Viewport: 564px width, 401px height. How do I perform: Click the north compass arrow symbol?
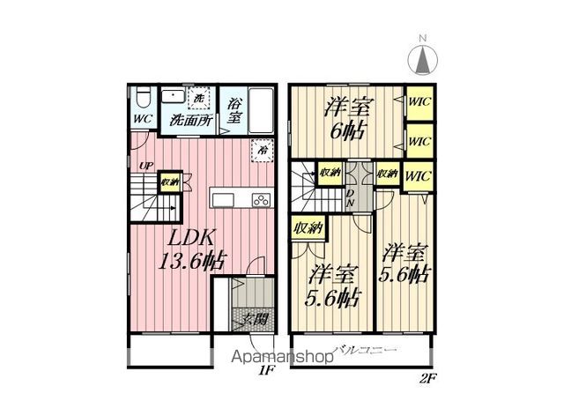tap(422, 59)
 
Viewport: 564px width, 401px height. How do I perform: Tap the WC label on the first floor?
tap(141, 119)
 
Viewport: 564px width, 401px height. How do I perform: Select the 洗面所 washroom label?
tap(189, 120)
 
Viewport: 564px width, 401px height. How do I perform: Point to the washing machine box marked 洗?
tap(199, 98)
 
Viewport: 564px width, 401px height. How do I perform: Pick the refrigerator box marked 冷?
tap(261, 150)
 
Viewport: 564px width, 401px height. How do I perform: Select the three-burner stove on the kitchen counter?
tap(261, 197)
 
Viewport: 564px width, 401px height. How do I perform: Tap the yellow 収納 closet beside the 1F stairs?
tap(169, 182)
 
